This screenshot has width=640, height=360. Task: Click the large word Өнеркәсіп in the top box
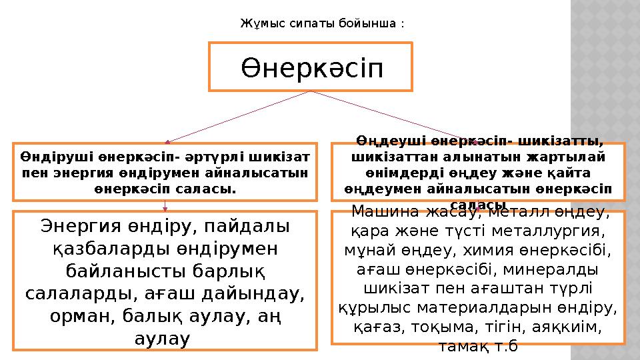pos(311,67)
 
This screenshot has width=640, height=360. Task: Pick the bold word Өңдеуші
pos(387,141)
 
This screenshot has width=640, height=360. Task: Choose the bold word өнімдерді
pos(383,173)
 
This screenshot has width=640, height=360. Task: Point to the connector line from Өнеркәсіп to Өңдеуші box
pos(393,117)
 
